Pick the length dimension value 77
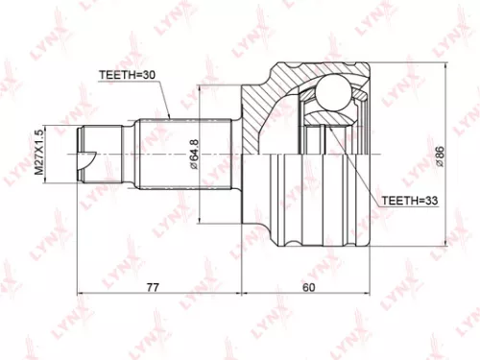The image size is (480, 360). pos(154,285)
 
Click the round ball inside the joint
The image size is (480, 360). pos(333,94)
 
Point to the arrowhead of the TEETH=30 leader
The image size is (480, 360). pos(170,116)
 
